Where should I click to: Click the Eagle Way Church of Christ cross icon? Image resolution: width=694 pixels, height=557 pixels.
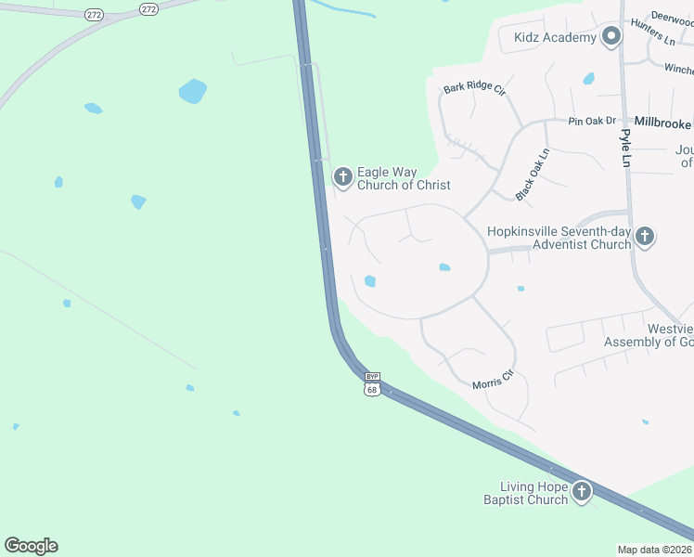coord(343,176)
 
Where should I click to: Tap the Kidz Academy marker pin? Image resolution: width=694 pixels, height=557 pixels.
coord(610,37)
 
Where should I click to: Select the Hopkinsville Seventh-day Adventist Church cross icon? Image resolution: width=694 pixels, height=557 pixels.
coord(645,238)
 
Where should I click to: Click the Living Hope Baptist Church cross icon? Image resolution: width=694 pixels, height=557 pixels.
coord(582,491)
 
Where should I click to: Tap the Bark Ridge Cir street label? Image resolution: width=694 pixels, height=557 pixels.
coord(473,89)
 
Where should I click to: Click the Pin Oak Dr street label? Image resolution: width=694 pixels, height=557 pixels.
coord(592,121)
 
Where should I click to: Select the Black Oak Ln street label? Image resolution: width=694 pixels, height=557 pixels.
coord(533,175)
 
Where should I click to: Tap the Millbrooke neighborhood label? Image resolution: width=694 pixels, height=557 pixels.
coord(662,123)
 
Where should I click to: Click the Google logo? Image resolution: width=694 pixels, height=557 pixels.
coord(31,546)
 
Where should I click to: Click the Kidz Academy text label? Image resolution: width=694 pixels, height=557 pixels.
coord(555,37)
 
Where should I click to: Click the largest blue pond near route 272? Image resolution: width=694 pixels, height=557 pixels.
coord(192,91)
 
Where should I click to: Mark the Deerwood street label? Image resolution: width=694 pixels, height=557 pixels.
coord(673,17)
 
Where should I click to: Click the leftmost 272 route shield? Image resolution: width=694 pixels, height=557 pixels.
coord(93,15)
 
